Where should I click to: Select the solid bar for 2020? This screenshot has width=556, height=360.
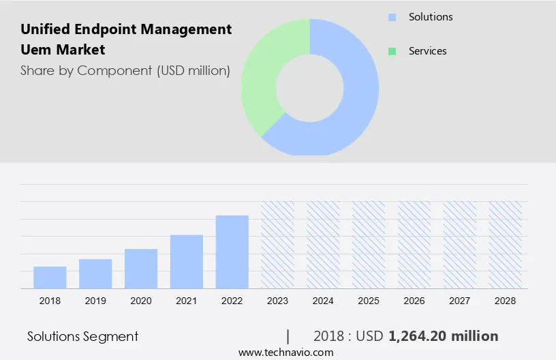[x=141, y=269]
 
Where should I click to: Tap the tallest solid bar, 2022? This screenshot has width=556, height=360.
[x=232, y=252]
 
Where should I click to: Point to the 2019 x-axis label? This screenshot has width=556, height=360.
[x=95, y=301]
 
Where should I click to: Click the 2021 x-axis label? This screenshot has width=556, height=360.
[x=186, y=301]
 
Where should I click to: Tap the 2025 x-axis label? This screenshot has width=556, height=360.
[x=369, y=301]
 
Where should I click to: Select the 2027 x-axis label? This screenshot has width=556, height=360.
[x=459, y=301]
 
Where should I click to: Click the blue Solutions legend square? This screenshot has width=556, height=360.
[x=392, y=17]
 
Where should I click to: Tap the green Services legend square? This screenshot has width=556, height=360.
[x=392, y=51]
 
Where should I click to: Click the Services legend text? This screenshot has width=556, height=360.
[x=427, y=51]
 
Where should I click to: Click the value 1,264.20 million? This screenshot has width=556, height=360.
[x=443, y=336]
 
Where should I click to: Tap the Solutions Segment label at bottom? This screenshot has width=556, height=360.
[x=82, y=336]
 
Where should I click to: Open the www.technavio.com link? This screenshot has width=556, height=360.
[x=285, y=352]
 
